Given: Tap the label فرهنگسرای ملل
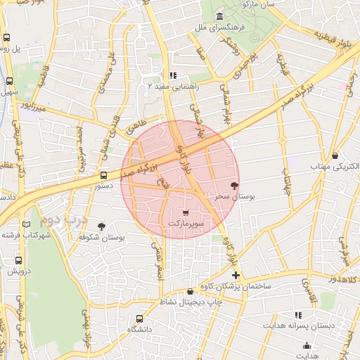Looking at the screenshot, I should point(220,28).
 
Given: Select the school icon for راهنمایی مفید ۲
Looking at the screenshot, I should point(173,76).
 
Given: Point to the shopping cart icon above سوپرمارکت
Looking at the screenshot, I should point(186,213).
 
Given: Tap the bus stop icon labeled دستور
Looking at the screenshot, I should point(103,176).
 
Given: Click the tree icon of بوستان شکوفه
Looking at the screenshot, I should point(103,226).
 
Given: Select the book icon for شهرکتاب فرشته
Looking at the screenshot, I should point(27,224).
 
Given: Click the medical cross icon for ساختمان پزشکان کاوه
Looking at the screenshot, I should point(236,275).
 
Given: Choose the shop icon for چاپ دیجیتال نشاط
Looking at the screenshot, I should point(190,292).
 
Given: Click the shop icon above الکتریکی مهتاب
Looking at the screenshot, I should point(335,156).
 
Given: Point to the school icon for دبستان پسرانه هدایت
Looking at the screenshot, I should point(298,316).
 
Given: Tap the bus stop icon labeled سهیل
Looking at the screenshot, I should point(10,81).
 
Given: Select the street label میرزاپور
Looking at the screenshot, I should point(33,107).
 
